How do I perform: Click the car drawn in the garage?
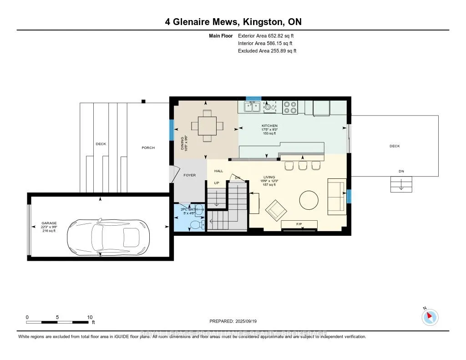pos(108,237)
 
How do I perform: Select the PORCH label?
pos(148,147)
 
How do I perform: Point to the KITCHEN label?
pos(269,126)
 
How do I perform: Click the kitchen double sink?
pos(251,106)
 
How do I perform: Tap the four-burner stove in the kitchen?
pos(290,107)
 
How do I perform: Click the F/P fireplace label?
pos(299,224)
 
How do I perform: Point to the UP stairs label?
pos(217,183)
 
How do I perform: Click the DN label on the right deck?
pos(401,172)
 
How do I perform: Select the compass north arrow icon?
pos(430,317)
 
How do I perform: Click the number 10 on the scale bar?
pos(90,317)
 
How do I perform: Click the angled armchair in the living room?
pos(277,210)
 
